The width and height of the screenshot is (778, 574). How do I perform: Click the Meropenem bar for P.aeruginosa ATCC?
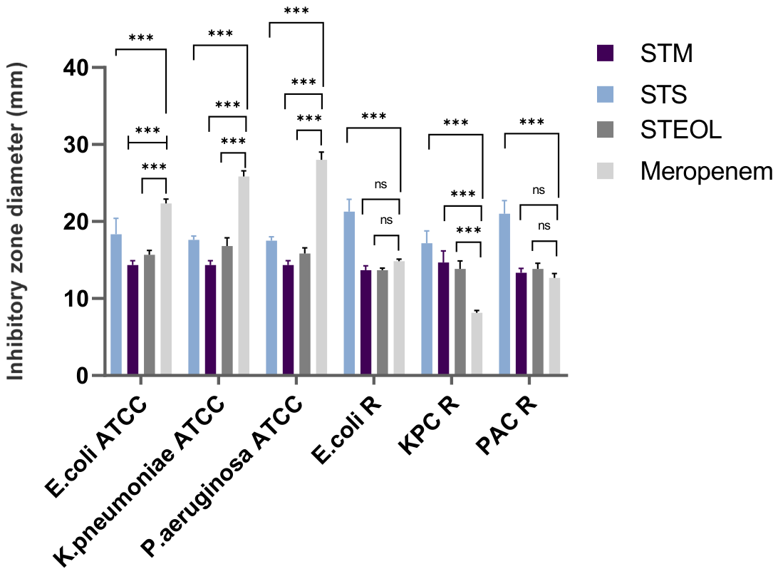coord(321,267)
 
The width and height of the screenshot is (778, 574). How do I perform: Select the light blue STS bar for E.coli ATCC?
coord(116,304)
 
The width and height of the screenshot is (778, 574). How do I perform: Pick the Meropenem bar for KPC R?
coord(477,344)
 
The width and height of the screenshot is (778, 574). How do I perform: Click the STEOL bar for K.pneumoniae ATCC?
coord(227,310)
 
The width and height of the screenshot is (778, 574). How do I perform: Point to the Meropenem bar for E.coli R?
coord(399,318)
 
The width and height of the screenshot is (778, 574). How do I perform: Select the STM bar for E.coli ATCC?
coord(133,319)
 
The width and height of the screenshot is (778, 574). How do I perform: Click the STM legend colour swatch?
coord(606,53)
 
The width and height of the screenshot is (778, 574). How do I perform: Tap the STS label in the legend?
coord(663,94)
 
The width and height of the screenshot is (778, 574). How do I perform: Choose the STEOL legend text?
coord(681,130)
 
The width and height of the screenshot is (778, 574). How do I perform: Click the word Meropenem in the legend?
coord(707,171)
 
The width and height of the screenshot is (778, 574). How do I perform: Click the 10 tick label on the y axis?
coord(76,299)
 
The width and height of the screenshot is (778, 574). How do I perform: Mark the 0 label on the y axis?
coord(83,375)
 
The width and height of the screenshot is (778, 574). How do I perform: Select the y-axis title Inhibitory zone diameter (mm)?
coord(16,222)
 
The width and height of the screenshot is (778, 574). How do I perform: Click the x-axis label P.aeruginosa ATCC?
coord(222,476)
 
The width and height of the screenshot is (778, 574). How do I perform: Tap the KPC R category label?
coord(429,426)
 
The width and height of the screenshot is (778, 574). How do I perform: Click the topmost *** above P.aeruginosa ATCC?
coord(296,11)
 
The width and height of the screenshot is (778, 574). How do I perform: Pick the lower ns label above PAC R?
coord(544,226)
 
